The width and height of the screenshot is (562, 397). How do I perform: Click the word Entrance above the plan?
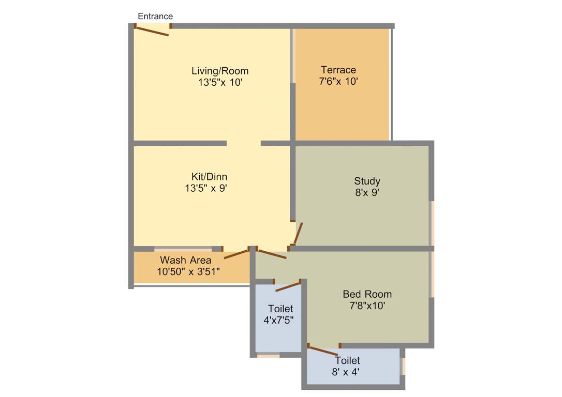coord(155,17)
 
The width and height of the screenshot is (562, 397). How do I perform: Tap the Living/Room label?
coord(220,71)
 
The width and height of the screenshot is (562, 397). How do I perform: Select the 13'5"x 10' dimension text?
coord(220,82)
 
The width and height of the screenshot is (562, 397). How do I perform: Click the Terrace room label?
coord(338,70)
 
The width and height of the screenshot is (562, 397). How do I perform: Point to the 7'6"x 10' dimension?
coord(338,81)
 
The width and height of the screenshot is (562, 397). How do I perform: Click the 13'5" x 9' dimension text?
coord(206,189)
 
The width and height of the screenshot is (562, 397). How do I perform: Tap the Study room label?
coord(367,181)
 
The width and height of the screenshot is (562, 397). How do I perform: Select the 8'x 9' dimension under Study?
coord(367,192)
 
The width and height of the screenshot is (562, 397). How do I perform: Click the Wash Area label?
coord(185,260)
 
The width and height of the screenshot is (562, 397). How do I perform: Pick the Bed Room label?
coord(367,294)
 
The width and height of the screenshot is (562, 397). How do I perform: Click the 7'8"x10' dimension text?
coord(367,306)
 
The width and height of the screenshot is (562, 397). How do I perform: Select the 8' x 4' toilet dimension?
coord(346,372)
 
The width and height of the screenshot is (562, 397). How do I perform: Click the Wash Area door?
coord(236,254)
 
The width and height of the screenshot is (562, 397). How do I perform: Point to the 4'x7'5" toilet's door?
coord(288,286)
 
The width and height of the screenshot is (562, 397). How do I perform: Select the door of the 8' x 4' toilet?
coord(322,350)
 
